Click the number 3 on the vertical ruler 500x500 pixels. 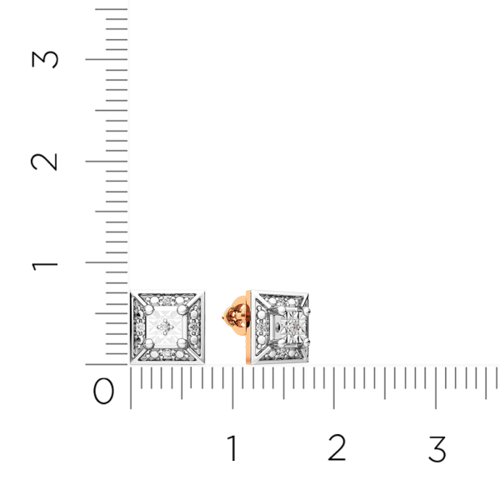click(45, 59)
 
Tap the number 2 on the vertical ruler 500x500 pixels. click(44, 162)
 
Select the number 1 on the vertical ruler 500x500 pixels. click(45, 266)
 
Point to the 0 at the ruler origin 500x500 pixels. click(103, 391)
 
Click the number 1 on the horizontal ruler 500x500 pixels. click(232, 448)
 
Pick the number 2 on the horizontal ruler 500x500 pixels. click(337, 447)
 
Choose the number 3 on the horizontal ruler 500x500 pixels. click(437, 449)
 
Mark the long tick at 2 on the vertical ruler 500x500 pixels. click(107, 162)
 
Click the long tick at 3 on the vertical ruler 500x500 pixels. click(107, 59)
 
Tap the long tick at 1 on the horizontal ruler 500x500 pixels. click(232, 387)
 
